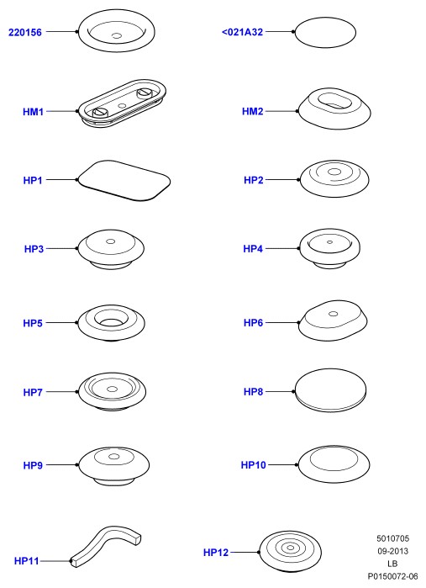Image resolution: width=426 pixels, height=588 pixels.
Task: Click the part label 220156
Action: [x=25, y=32]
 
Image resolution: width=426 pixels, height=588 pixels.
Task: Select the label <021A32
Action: [x=243, y=32]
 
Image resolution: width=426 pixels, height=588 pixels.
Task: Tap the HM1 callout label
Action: [x=34, y=111]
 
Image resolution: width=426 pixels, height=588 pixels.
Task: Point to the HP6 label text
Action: [x=253, y=322]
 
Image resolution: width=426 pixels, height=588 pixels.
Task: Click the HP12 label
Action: [x=216, y=553]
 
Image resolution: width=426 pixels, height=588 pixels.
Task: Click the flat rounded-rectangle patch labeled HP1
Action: [x=124, y=180]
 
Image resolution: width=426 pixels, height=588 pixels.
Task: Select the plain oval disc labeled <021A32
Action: [x=325, y=32]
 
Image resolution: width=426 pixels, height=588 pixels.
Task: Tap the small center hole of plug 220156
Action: [x=117, y=35]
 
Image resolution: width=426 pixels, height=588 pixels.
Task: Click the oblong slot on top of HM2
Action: [x=334, y=101]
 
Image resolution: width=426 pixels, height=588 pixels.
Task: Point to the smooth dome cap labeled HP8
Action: [x=330, y=390]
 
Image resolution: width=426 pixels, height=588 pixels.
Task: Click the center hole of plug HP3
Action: [x=111, y=241]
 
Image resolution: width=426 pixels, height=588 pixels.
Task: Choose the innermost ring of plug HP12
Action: [x=290, y=548]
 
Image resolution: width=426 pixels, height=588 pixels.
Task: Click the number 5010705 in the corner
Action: [x=393, y=538]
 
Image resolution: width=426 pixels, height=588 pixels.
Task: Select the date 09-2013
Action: [x=393, y=551]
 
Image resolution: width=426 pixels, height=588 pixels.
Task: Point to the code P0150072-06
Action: [x=392, y=576]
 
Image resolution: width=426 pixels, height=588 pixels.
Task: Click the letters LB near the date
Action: [x=392, y=564]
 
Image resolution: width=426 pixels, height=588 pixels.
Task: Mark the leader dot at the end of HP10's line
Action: [x=297, y=464]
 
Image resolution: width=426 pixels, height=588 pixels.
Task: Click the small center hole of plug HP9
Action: [x=113, y=457]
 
